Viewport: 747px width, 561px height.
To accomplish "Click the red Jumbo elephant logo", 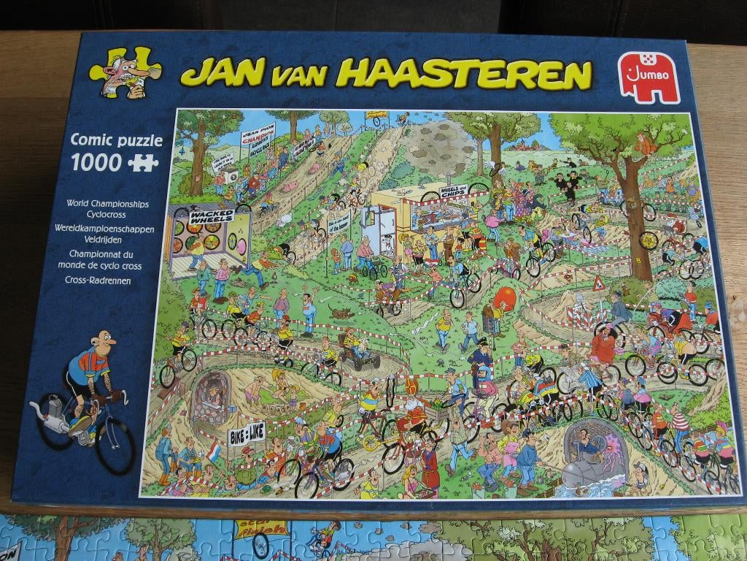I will (x=649, y=77).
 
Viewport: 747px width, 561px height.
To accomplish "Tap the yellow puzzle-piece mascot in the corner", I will (x=125, y=73).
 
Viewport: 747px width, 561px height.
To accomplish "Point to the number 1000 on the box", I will (x=96, y=162).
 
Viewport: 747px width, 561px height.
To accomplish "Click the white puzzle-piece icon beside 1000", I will (x=143, y=162).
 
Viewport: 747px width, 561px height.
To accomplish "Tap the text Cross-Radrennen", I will (x=98, y=280).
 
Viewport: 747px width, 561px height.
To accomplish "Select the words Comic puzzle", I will (x=117, y=140).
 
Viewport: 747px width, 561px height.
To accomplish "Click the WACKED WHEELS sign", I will (x=212, y=216).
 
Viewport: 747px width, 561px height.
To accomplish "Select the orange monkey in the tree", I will (x=645, y=145).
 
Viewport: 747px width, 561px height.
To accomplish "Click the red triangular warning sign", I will (x=599, y=283).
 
